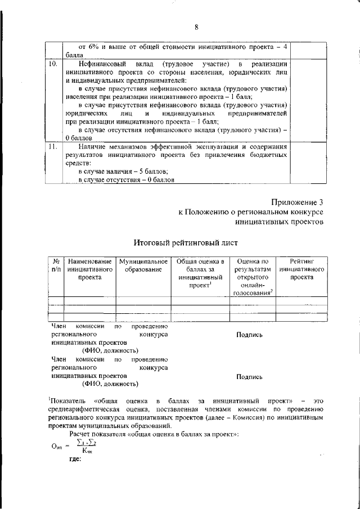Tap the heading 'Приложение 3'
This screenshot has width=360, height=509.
[x=298, y=201]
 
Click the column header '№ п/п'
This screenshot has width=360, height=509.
[x=56, y=265]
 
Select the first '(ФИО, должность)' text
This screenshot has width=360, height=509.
[x=110, y=349]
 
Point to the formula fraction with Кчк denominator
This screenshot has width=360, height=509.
[x=88, y=446]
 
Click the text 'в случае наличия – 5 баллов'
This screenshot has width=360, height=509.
[x=123, y=170]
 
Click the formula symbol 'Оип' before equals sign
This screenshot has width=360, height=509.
[x=56, y=446]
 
